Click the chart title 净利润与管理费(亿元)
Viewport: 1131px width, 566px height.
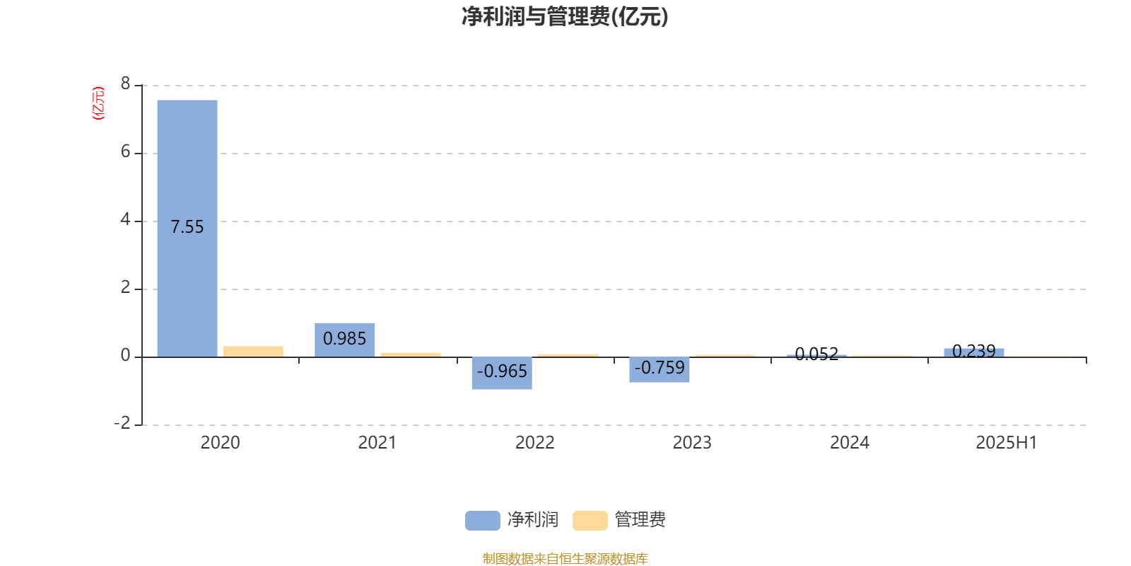565,17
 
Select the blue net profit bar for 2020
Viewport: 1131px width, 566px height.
187,229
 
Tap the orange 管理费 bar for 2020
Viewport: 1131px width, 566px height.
254,352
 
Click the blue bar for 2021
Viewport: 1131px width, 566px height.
345,340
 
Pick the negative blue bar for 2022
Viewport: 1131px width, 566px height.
502,373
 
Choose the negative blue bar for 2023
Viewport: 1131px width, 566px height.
660,369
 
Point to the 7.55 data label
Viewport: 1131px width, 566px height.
187,227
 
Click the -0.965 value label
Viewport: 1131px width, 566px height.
502,371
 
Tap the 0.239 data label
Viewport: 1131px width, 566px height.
974,351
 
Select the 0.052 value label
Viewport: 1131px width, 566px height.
816,354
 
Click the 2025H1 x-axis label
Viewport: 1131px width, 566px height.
1007,443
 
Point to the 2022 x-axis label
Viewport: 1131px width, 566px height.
534,443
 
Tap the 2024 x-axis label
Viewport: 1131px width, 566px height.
850,443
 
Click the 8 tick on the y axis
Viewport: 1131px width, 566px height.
125,83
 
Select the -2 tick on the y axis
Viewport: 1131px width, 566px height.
122,423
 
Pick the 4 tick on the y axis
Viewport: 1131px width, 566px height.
125,219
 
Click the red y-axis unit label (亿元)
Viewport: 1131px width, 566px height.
98,103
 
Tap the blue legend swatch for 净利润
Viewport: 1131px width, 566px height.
483,521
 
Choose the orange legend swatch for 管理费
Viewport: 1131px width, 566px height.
590,521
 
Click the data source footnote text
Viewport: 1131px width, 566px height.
565,558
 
